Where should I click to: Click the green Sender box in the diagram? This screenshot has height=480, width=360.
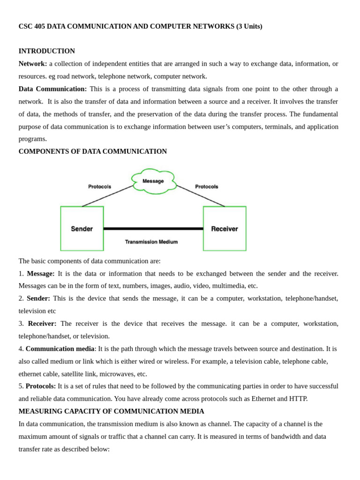click(x=82, y=229)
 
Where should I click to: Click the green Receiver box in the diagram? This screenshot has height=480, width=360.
click(x=225, y=229)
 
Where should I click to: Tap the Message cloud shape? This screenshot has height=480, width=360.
click(x=153, y=181)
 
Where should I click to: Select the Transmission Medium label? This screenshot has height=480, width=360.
click(x=151, y=242)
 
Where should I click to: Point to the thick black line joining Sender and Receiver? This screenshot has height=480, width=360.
click(x=153, y=229)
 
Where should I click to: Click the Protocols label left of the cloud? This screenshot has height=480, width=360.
click(x=100, y=187)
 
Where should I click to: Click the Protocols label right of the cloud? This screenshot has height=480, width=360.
click(x=207, y=187)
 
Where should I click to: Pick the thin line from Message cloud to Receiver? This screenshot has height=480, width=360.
click(x=201, y=195)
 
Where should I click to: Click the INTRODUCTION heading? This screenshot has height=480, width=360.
click(x=47, y=51)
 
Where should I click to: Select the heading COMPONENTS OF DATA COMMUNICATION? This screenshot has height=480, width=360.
click(x=93, y=151)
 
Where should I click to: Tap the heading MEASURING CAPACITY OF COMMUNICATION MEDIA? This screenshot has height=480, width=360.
click(x=112, y=411)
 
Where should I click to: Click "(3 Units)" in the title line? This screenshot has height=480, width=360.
click(x=249, y=26)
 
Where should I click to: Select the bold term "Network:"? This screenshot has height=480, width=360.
click(x=33, y=64)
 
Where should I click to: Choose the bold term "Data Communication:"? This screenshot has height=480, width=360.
click(x=52, y=89)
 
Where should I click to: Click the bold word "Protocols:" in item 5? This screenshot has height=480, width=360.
click(x=41, y=386)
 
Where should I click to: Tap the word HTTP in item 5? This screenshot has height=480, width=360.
click(x=298, y=399)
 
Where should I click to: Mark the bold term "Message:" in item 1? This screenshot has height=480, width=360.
click(x=41, y=273)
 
